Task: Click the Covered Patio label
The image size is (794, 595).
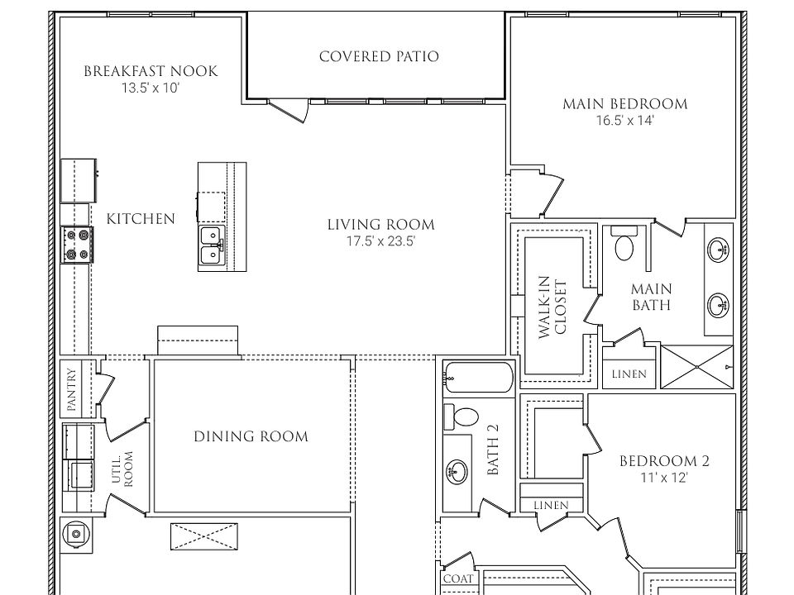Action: (x=379, y=56)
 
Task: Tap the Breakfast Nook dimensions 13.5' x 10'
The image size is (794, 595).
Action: (x=151, y=88)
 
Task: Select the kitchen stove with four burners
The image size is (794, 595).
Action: (x=77, y=245)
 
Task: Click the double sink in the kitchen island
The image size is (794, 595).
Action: (x=212, y=245)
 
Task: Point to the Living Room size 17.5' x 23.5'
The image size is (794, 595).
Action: (x=380, y=240)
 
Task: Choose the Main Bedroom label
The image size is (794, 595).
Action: (x=625, y=104)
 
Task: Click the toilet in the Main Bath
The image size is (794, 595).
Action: (x=624, y=243)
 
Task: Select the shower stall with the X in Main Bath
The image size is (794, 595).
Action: (x=696, y=367)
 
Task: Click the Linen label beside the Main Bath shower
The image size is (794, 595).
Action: (x=629, y=374)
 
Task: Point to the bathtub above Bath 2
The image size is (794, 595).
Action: (x=479, y=378)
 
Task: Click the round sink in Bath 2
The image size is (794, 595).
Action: (x=457, y=471)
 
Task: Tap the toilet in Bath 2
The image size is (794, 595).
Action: (x=462, y=416)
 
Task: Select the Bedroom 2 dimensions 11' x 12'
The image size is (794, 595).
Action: (x=664, y=477)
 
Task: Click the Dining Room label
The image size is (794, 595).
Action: (x=251, y=436)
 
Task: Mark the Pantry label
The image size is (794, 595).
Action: (x=71, y=389)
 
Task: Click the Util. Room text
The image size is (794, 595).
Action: (x=122, y=469)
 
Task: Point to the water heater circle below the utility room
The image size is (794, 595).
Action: (x=76, y=534)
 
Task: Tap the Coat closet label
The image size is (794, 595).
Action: (x=458, y=578)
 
